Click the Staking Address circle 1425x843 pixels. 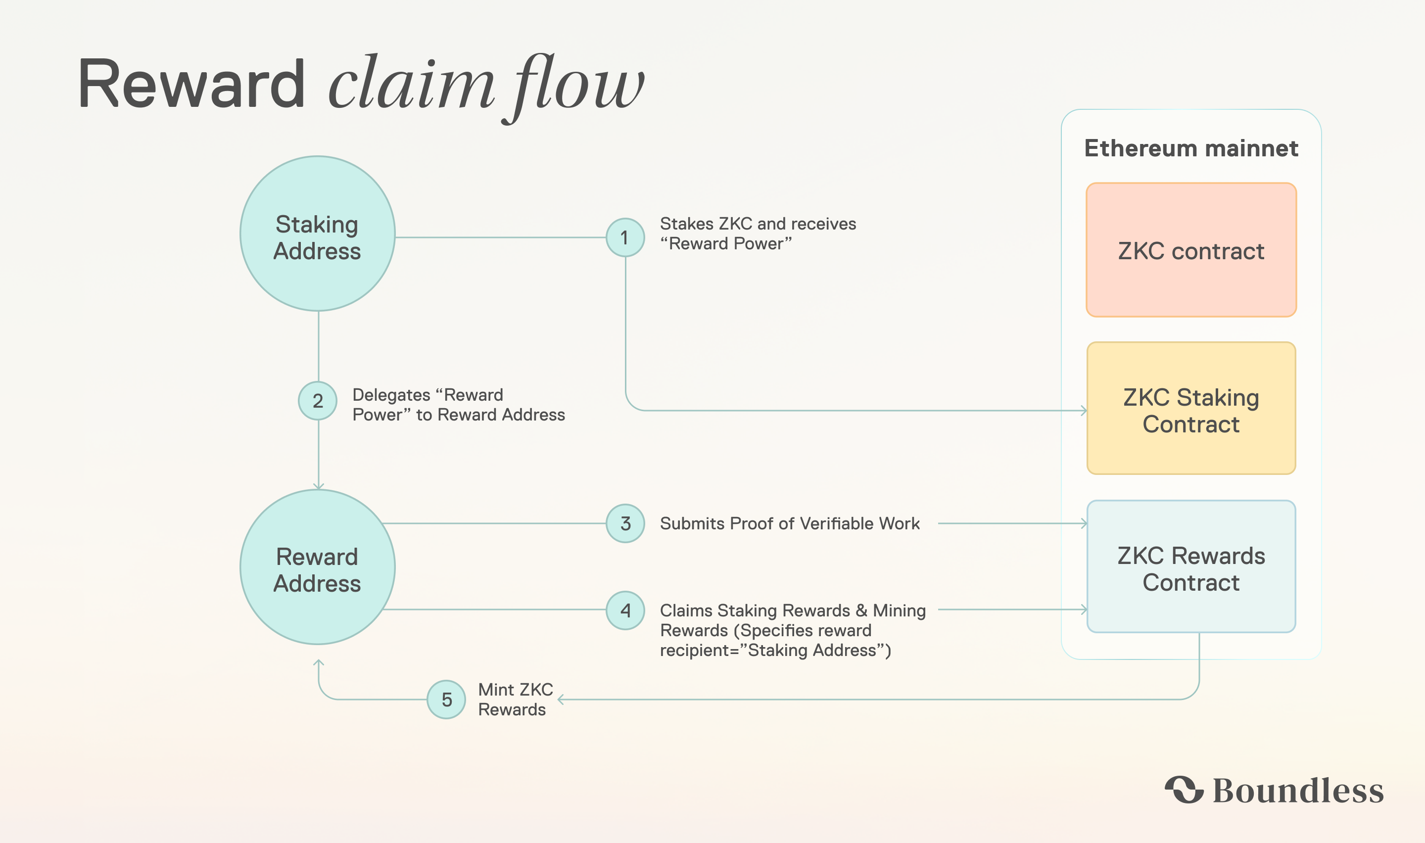pos(318,234)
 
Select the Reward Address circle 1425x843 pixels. pos(318,567)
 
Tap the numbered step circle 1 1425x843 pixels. pos(625,237)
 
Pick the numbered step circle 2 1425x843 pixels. pos(318,401)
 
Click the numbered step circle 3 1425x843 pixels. pos(625,523)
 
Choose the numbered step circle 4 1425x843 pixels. pos(625,610)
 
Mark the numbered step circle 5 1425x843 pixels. pos(446,699)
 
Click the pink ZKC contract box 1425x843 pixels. pos(1191,250)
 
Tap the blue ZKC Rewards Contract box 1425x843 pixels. pos(1191,567)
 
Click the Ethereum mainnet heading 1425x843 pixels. pos(1191,148)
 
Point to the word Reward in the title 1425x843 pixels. pos(191,85)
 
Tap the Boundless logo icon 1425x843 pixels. pos(1184,790)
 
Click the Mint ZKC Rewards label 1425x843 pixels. pos(515,699)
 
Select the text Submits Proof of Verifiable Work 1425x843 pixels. pos(790,523)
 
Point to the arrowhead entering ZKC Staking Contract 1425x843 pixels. pos(1084,410)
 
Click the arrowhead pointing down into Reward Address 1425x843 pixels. pos(319,486)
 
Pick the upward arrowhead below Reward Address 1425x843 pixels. pos(319,662)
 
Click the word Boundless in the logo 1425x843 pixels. pos(1298,790)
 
